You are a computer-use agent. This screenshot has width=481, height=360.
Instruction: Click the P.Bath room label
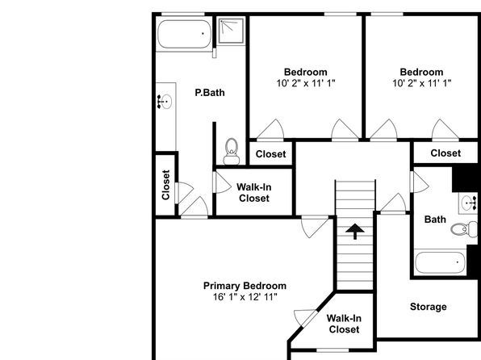click(x=210, y=93)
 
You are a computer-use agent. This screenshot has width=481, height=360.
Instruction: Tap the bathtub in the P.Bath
click(x=184, y=34)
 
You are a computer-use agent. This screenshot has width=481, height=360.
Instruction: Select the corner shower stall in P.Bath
click(x=232, y=31)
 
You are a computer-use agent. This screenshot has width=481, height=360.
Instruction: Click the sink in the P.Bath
click(x=165, y=101)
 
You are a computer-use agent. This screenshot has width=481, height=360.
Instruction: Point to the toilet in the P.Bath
click(x=232, y=151)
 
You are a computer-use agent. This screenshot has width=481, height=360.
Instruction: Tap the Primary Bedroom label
click(x=245, y=286)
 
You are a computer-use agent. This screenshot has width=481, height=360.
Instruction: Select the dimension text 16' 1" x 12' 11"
click(x=245, y=297)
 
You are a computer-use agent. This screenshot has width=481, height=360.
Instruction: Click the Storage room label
click(x=429, y=307)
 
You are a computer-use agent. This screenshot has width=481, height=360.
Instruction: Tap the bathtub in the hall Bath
click(x=440, y=262)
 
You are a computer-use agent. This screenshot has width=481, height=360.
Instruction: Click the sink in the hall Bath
click(x=468, y=203)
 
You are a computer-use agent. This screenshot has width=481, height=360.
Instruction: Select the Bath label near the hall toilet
click(x=435, y=220)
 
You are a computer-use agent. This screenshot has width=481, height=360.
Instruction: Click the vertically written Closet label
click(x=165, y=185)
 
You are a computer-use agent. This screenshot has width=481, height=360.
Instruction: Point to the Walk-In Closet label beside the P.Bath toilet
click(x=254, y=193)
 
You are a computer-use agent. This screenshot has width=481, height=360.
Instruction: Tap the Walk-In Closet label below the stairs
click(x=344, y=324)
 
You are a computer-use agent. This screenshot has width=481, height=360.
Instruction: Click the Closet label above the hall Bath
click(x=445, y=153)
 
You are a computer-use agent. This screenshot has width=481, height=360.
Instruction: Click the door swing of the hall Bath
click(x=420, y=182)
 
